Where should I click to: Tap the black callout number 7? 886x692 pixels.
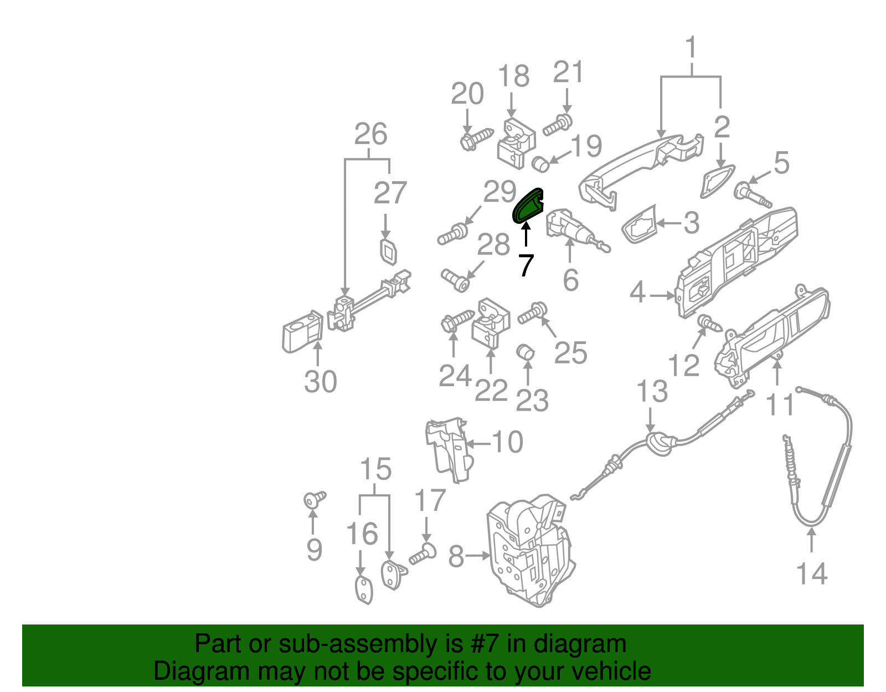[525, 265]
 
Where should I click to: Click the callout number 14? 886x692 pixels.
[811, 573]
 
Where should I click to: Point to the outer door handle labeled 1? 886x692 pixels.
[637, 166]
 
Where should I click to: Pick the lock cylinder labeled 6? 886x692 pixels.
[570, 230]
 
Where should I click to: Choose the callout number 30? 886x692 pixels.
[320, 382]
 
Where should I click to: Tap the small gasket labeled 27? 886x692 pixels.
[389, 252]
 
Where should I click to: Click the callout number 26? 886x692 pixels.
[370, 134]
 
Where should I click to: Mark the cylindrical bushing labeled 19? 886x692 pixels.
[540, 164]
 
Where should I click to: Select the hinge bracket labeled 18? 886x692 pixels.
[516, 142]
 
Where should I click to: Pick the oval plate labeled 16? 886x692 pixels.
[363, 590]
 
